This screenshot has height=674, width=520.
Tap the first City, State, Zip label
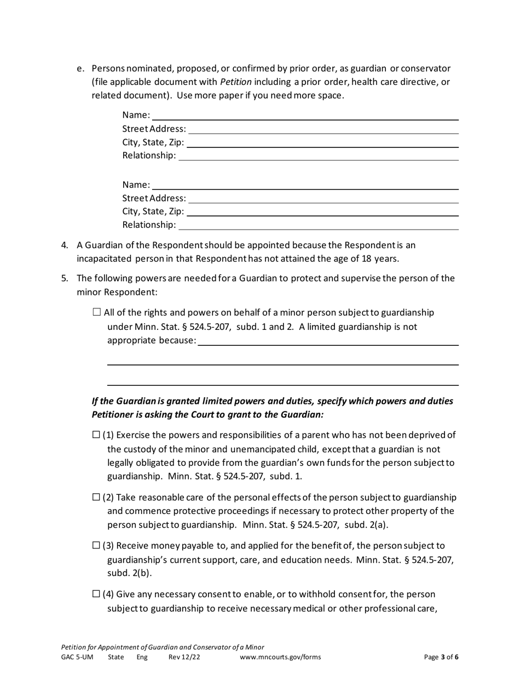click(153, 142)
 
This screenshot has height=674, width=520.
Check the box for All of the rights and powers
click(97, 312)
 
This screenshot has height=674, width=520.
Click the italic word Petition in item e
click(236, 82)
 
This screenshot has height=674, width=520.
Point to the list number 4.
click(64, 245)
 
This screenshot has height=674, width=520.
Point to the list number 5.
click(64, 278)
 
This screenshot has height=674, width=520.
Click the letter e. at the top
click(80, 68)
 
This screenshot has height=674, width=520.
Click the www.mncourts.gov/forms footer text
click(280, 658)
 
